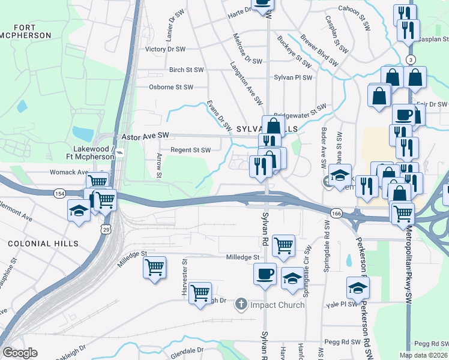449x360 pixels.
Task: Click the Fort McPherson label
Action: pos(32,31)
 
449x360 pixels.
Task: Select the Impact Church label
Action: pos(277,305)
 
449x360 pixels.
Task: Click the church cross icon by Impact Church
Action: pos(241,305)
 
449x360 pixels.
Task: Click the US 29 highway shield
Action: pos(106,229)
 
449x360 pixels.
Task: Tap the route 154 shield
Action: pos(59,193)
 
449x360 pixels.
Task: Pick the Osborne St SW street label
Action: pos(171,87)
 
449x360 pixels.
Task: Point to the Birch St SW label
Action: pos(189,70)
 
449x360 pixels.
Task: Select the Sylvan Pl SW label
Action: pos(293,77)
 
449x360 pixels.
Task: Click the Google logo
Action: pos(20,353)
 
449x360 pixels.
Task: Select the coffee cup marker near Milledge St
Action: pos(265,275)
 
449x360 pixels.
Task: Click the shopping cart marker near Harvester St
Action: pos(200,293)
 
